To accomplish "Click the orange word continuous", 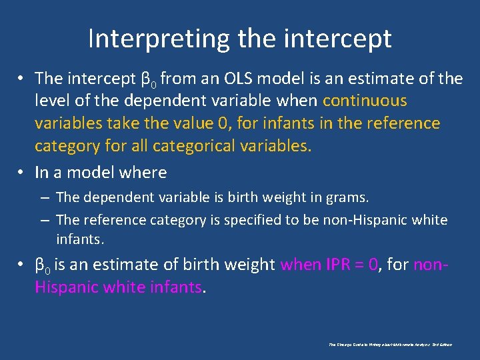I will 364,101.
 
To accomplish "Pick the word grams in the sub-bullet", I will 347,197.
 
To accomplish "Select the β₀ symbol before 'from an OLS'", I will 149,79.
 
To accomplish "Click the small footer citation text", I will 391,345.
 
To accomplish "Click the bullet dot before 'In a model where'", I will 22,173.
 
